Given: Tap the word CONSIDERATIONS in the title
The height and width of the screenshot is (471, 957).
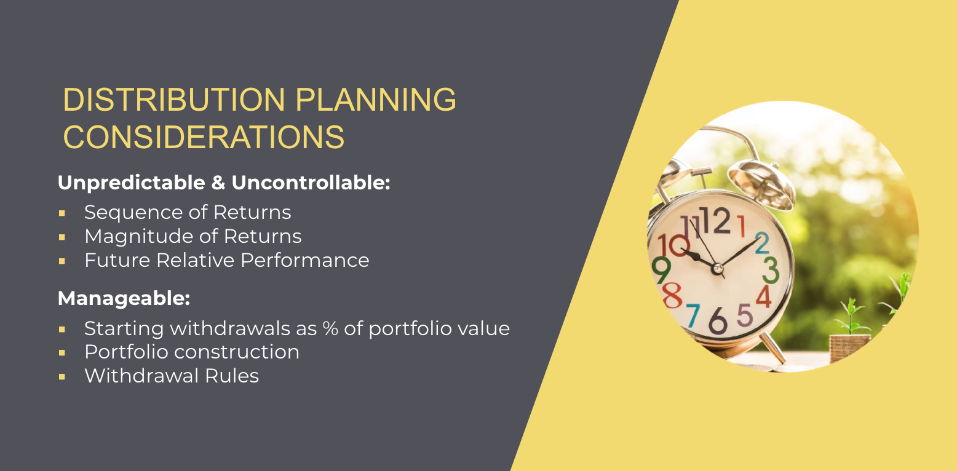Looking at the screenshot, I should tap(204, 137).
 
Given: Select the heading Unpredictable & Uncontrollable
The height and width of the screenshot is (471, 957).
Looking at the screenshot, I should tap(224, 183).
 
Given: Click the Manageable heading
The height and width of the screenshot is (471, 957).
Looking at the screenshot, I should tap(124, 299).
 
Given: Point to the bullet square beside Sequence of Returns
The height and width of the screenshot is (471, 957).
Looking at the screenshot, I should tap(62, 213).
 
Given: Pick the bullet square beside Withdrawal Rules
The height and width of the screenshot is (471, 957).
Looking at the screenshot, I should tap(62, 376).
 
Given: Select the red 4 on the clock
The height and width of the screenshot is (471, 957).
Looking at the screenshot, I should tap(763, 296).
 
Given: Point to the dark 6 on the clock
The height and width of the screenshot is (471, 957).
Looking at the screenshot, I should tap(717, 320).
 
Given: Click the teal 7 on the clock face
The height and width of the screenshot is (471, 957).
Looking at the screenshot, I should tap(692, 315).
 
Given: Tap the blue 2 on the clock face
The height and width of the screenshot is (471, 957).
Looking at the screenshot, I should tap(761, 243).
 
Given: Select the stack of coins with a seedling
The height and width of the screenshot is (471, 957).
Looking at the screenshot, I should tap(849, 347).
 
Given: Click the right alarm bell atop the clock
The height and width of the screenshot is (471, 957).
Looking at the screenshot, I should tap(762, 182).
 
